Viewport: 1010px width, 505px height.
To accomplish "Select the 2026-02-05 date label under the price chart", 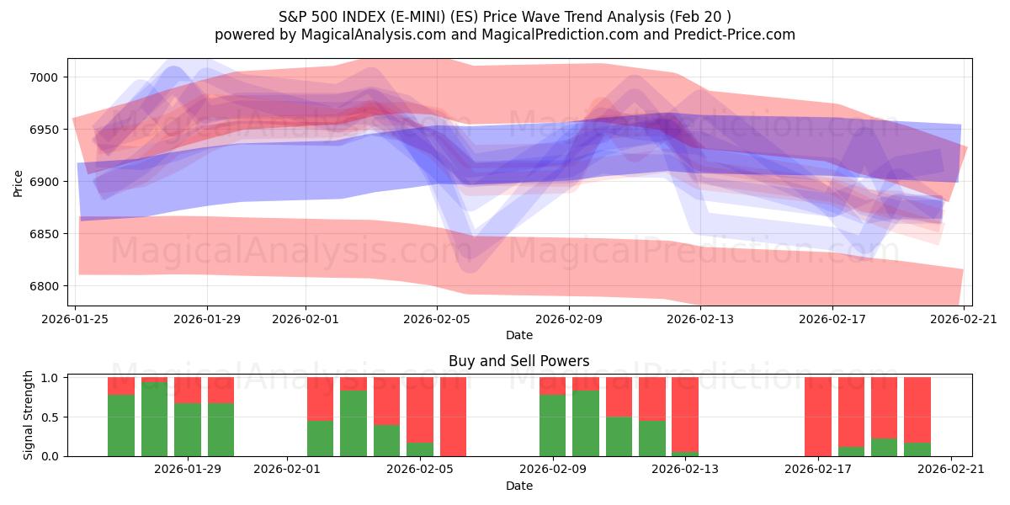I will pos(436,319).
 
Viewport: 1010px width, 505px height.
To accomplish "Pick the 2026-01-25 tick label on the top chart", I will pos(76,319).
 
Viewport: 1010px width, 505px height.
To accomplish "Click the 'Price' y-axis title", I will pos(19,182).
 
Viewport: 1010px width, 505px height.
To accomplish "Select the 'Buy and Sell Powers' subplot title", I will pos(518,361).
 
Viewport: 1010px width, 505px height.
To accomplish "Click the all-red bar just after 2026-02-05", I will pos(453,417).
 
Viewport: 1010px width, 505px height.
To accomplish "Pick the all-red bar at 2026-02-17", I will pos(817,417).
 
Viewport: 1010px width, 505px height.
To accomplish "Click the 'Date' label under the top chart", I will pos(518,335).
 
